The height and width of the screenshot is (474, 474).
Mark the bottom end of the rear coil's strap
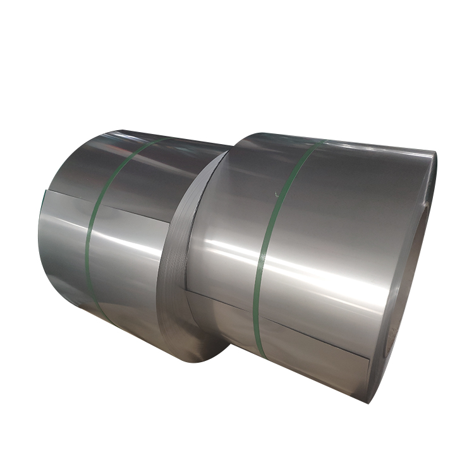coord(104,316)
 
